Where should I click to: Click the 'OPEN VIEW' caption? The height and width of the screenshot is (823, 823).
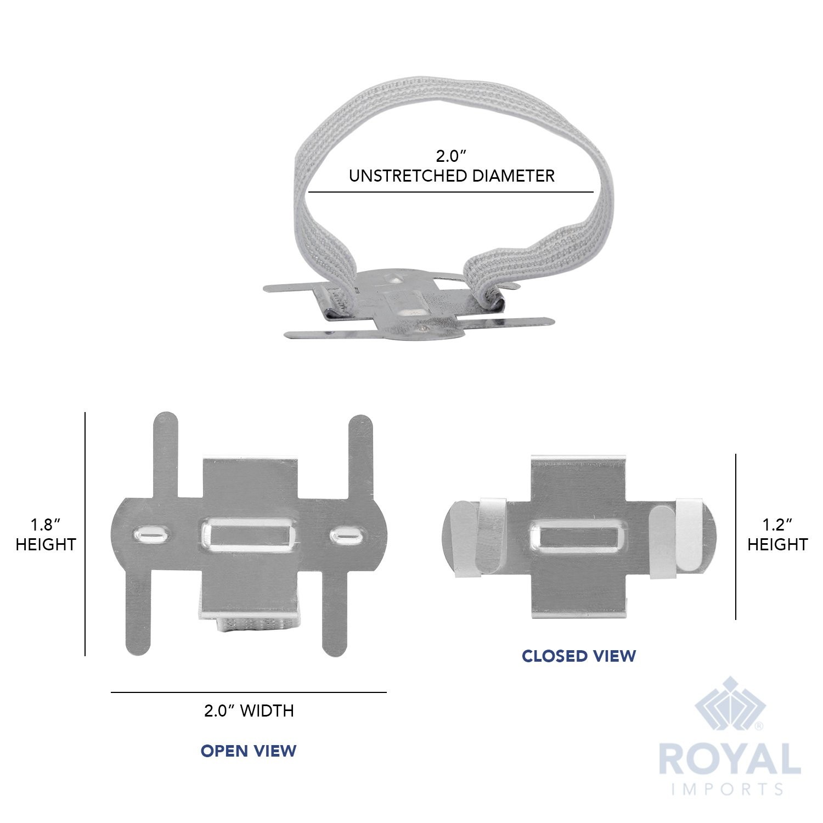click(249, 751)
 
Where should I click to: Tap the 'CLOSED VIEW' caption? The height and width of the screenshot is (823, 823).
click(578, 656)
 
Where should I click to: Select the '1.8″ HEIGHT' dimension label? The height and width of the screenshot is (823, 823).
click(46, 535)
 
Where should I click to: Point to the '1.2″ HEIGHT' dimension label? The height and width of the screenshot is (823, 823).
click(777, 535)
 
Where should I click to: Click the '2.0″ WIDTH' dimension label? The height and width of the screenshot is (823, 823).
click(249, 711)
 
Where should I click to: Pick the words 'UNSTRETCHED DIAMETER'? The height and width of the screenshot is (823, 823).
click(452, 176)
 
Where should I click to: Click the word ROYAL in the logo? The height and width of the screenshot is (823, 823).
click(729, 760)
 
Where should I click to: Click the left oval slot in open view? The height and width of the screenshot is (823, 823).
click(152, 533)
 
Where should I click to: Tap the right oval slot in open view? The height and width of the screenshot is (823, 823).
click(347, 533)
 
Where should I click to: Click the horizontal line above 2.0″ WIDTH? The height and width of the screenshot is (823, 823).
click(249, 692)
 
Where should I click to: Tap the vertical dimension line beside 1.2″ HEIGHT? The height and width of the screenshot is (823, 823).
click(736, 536)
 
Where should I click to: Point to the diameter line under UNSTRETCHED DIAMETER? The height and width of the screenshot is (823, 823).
click(450, 192)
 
